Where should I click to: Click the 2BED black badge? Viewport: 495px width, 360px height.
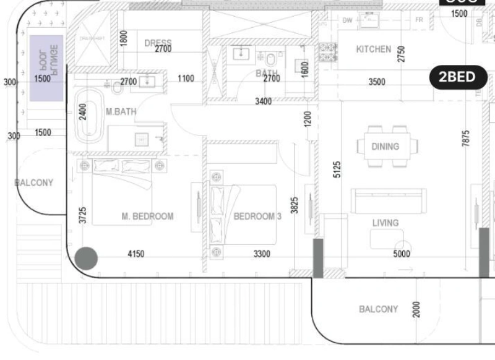(457, 77)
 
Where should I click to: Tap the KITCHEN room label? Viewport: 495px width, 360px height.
(373, 49)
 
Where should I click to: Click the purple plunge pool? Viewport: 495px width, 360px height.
(48, 68)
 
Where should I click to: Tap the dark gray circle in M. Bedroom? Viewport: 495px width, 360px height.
(86, 258)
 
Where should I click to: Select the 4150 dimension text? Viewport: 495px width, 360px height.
(136, 254)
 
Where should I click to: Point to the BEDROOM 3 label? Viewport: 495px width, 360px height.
(257, 216)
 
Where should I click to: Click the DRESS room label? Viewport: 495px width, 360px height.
(157, 43)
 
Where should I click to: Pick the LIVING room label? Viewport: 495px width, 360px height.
(385, 223)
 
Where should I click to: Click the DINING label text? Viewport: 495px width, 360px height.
(385, 147)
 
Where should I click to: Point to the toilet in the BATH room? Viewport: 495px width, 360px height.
(270, 59)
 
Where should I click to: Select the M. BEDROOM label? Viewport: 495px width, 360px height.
(147, 216)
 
